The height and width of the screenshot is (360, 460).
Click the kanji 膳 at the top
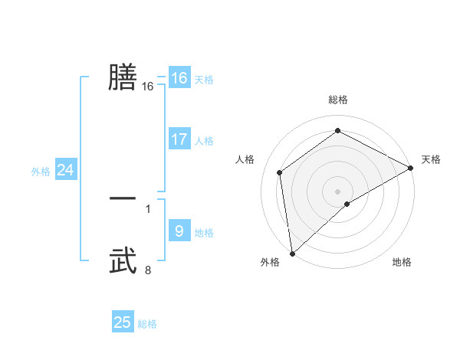point(123,77)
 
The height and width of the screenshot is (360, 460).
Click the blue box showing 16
point(179,78)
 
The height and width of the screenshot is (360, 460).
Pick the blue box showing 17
point(179,139)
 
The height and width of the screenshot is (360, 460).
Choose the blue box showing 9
point(179,231)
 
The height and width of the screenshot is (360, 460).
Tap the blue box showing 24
point(66,170)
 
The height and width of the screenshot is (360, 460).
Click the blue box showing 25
point(123,322)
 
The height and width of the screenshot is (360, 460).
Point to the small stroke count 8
point(148,270)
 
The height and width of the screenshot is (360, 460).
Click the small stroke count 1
point(148,208)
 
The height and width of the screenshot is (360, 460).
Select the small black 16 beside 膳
point(148,87)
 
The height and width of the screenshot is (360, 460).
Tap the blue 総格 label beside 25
point(148,324)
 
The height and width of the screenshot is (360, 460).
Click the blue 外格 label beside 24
point(41,172)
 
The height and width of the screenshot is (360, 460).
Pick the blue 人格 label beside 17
point(205,141)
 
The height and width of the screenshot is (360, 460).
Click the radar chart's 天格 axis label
point(431,159)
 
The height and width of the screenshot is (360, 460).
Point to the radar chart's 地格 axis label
point(402,263)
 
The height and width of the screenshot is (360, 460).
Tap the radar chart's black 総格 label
point(338,100)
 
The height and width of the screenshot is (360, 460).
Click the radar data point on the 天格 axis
point(411,168)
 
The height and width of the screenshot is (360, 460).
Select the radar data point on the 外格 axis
point(292,254)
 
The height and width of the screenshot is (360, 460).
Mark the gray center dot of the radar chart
point(338,191)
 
